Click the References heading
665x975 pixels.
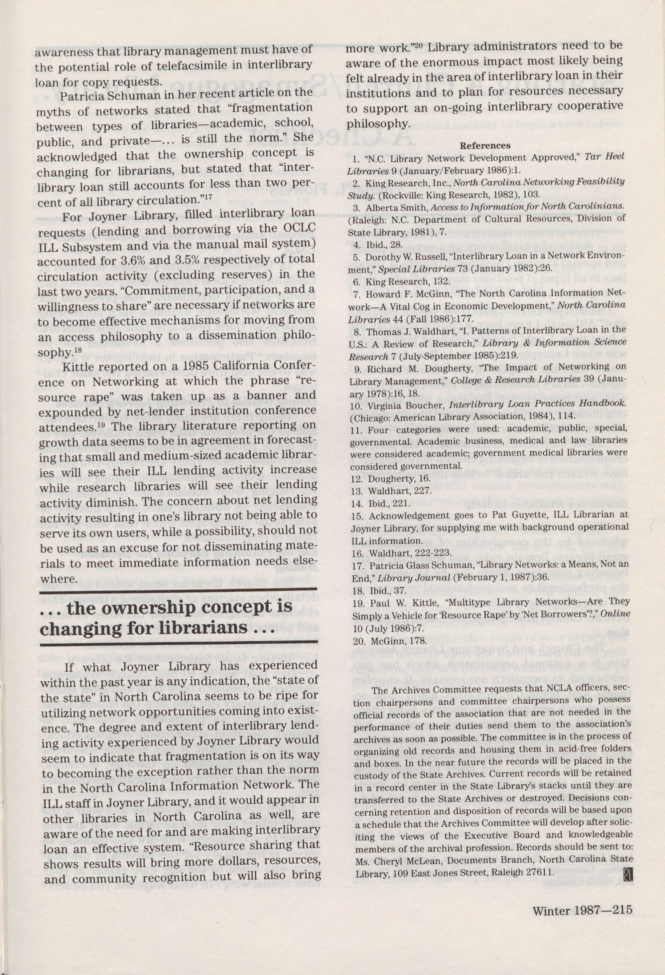(x=485, y=146)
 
